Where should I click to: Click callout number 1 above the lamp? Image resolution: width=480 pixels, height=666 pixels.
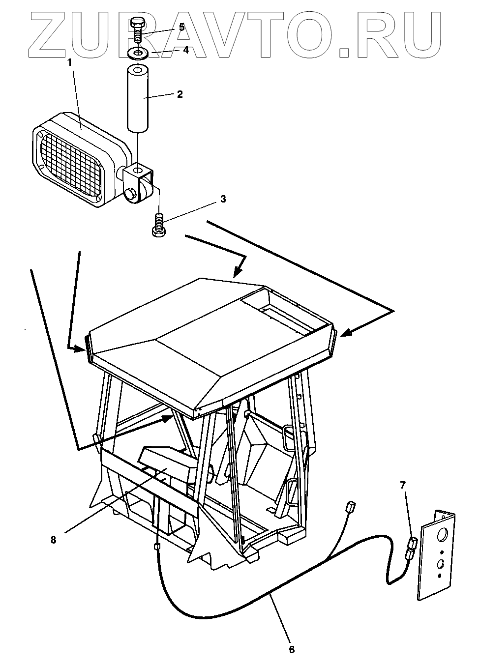click(69, 62)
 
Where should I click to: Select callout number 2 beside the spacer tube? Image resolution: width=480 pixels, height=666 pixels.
click(180, 94)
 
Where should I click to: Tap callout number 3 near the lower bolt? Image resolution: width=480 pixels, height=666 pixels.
click(223, 199)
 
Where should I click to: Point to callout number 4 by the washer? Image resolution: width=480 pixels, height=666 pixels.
click(172, 50)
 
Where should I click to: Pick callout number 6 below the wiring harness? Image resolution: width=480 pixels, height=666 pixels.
click(291, 649)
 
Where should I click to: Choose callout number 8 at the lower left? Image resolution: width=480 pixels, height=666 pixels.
click(53, 539)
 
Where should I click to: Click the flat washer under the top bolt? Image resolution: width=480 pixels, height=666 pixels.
click(139, 52)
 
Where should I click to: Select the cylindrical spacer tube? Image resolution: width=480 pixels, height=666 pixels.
click(139, 99)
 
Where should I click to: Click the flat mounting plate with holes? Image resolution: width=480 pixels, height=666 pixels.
click(437, 555)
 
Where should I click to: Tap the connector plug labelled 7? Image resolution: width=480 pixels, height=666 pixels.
click(411, 549)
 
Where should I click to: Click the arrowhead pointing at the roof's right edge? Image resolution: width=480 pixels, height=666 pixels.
click(345, 334)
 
